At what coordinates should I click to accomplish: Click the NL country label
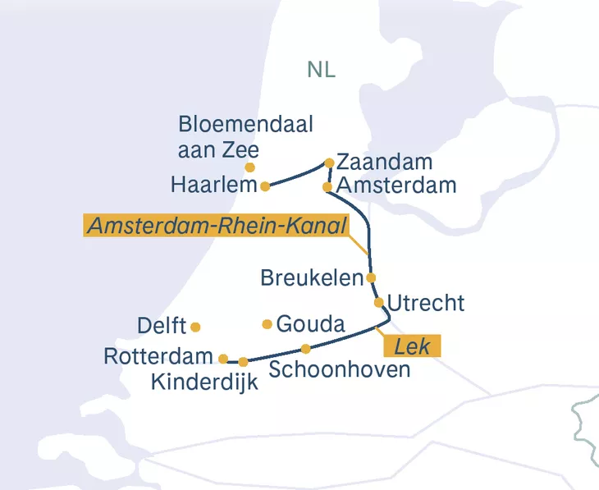pos(321,69)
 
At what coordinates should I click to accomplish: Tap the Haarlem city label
pos(214,185)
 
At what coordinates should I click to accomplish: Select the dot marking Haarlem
pos(265,186)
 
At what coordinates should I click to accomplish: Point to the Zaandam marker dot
pos(329,163)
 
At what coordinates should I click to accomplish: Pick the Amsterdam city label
pos(396,185)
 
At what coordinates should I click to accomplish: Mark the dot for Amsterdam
pos(327,187)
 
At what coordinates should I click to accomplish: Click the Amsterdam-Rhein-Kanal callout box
pos(217,226)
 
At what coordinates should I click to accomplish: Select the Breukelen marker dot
pos(371,277)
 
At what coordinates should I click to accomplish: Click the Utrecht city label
pos(425,303)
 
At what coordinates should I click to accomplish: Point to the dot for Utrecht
pos(379,302)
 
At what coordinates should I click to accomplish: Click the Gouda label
pos(310,324)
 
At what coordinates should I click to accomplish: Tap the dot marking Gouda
pos(267,324)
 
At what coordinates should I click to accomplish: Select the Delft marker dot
pos(195,327)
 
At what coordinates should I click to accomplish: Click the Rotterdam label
pos(158,357)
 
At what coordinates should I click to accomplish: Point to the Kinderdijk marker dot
pos(244,362)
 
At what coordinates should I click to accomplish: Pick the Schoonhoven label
pos(340,369)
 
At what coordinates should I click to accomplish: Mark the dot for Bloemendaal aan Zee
pos(250,167)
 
